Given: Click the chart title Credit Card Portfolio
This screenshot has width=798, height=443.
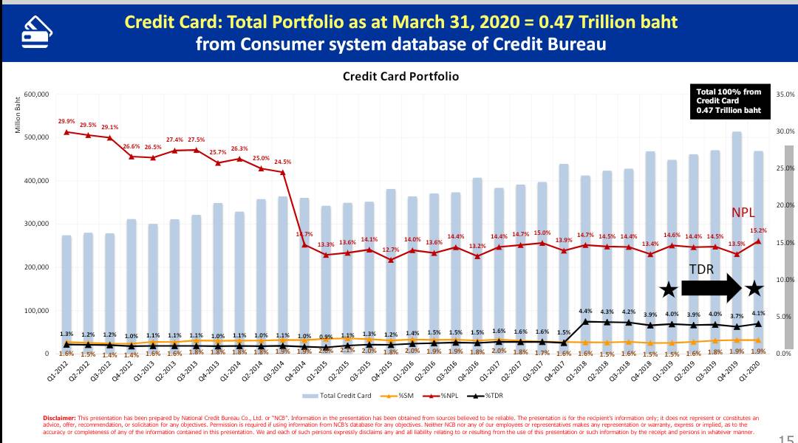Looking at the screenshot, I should pyautogui.click(x=400, y=76).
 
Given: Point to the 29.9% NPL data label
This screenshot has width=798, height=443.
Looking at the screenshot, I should pyautogui.click(x=66, y=121).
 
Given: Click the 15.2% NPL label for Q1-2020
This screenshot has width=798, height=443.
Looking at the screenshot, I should pyautogui.click(x=757, y=230).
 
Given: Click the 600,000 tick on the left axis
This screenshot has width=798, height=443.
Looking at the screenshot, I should pyautogui.click(x=35, y=95).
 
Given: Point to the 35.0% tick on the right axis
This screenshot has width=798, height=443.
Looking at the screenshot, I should pyautogui.click(x=785, y=95).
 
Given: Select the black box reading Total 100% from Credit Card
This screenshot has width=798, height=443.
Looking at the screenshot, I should pyautogui.click(x=729, y=101).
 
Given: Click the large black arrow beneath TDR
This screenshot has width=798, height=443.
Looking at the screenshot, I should pyautogui.click(x=710, y=288).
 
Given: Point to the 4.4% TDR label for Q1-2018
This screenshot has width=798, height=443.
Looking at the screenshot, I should pyautogui.click(x=586, y=310).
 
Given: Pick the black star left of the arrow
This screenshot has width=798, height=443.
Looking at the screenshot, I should pyautogui.click(x=668, y=289).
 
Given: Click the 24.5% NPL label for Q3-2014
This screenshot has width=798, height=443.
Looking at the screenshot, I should pyautogui.click(x=282, y=162).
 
